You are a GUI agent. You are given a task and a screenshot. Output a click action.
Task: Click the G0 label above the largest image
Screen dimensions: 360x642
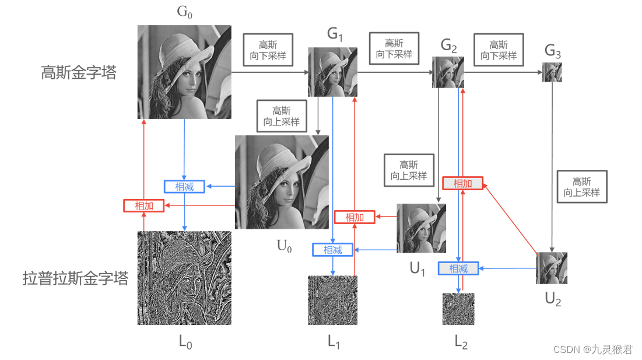click(184, 12)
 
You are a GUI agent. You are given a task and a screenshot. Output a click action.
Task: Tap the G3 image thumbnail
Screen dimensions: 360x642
click(552, 72)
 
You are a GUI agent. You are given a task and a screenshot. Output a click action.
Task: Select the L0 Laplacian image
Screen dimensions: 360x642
click(184, 278)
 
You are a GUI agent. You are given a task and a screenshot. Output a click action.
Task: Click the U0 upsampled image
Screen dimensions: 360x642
click(282, 182)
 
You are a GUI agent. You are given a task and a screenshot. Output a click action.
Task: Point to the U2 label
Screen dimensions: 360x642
click(553, 299)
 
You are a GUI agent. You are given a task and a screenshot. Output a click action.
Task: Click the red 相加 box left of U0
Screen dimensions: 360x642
click(144, 205)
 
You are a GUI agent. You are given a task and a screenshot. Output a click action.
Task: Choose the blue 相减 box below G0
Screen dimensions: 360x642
click(185, 187)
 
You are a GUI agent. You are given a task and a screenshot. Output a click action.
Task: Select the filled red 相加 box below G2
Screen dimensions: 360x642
click(463, 183)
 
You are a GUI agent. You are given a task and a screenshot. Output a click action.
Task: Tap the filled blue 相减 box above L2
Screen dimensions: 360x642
click(458, 268)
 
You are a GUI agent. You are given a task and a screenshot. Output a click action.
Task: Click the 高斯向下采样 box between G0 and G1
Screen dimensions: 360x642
click(268, 49)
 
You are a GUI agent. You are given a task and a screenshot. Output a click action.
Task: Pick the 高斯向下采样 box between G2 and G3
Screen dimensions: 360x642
click(499, 50)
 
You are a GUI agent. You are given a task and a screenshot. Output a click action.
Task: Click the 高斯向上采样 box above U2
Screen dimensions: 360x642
click(582, 187)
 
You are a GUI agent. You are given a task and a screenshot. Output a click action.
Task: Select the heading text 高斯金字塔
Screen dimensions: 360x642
click(79, 72)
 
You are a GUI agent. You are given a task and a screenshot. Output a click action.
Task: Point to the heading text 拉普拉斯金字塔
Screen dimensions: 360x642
click(75, 278)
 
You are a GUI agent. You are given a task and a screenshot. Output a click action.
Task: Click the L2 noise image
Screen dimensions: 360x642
click(458, 309)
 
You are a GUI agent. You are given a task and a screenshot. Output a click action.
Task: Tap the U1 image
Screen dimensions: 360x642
click(421, 228)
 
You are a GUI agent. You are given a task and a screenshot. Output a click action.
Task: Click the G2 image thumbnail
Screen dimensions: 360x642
click(448, 72)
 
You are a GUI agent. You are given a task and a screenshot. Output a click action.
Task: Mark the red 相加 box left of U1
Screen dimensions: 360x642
click(355, 217)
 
